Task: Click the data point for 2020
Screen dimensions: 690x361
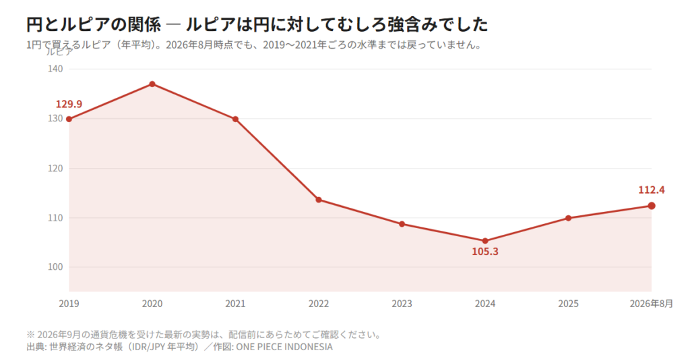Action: pos(152,84)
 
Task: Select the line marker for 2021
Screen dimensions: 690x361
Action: pos(235,119)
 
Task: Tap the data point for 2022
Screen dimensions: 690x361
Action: pos(319,200)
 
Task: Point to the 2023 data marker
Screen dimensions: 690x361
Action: pos(402,224)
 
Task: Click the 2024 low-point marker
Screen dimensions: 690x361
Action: pos(485,241)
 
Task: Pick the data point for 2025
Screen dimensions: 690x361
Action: pos(568,218)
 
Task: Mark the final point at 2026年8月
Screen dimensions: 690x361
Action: pos(652,206)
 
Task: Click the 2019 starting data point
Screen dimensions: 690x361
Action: pos(69,119)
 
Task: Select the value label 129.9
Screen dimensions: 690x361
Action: pos(69,104)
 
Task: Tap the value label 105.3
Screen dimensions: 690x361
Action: pos(485,252)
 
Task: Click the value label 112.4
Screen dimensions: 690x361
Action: pos(652,190)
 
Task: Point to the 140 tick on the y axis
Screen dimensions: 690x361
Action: pos(55,70)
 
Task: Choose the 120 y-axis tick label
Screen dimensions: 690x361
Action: pos(55,169)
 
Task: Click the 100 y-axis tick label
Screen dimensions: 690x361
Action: pos(55,267)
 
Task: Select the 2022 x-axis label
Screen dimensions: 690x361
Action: pos(319,304)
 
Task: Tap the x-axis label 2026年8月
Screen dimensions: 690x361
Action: pos(652,304)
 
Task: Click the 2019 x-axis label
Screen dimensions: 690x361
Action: pos(69,304)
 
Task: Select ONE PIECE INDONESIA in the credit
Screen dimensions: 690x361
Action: pos(284,347)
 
